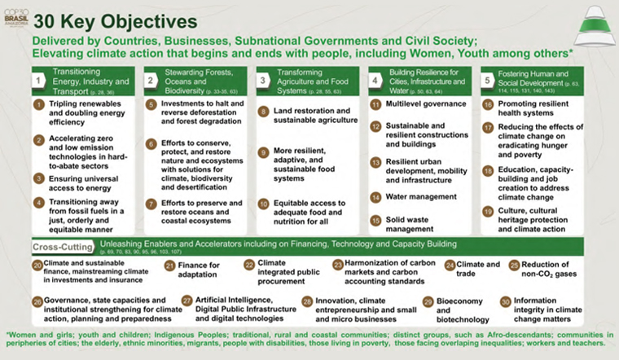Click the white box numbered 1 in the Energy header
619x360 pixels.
click(38, 81)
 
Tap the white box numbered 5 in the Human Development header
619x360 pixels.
click(487, 81)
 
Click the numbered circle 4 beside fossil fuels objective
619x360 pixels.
click(38, 202)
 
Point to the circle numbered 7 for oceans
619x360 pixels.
click(151, 203)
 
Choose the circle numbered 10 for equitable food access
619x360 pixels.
click(263, 203)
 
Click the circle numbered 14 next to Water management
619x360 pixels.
click(375, 197)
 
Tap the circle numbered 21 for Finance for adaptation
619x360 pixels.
click(170, 266)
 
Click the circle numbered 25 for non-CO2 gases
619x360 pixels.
click(514, 266)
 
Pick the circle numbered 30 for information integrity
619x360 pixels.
click(505, 301)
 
